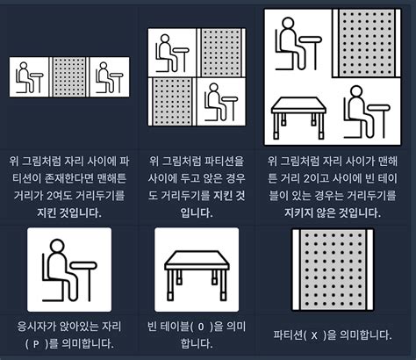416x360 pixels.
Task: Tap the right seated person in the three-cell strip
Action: (x=110, y=76)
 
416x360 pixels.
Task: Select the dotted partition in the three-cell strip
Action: (x=68, y=76)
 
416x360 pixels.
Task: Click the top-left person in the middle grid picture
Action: (x=172, y=52)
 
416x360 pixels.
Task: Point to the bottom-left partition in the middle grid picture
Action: (x=173, y=104)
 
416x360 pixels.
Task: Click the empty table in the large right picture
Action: (x=298, y=115)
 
